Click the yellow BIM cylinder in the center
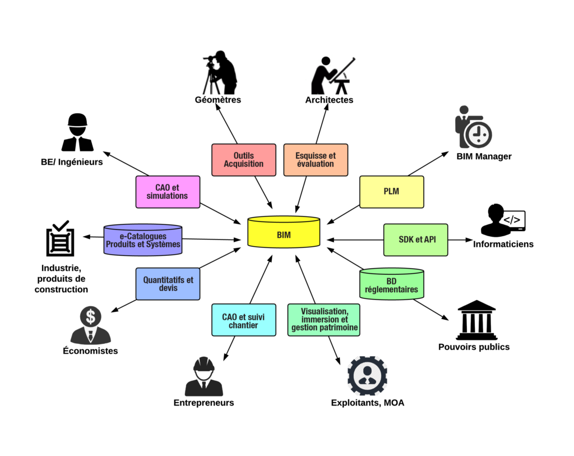[284, 232]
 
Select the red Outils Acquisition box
[243, 160]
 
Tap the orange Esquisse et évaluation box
[316, 160]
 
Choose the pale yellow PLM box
[391, 192]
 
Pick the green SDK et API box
[415, 240]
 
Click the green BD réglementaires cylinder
[391, 284]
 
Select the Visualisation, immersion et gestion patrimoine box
[323, 320]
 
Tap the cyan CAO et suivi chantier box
[243, 320]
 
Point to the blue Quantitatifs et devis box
[168, 284]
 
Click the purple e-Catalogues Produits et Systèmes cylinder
[143, 240]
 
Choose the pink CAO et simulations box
[168, 192]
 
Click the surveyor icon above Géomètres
[220, 73]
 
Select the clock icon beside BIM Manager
[479, 134]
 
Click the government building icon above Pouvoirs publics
[476, 320]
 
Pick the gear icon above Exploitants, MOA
[367, 375]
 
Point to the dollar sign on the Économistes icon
[90, 316]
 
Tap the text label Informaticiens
[503, 244]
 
